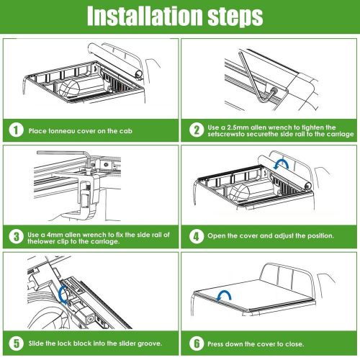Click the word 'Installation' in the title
(145, 16)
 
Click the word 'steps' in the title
(235, 17)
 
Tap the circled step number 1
(16, 130)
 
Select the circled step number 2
(197, 130)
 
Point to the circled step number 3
(16, 237)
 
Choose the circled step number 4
(197, 236)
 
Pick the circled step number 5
(16, 343)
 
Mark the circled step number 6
(197, 343)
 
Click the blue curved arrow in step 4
(282, 163)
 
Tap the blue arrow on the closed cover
(224, 294)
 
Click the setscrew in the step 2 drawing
(274, 91)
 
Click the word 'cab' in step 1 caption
(126, 131)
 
